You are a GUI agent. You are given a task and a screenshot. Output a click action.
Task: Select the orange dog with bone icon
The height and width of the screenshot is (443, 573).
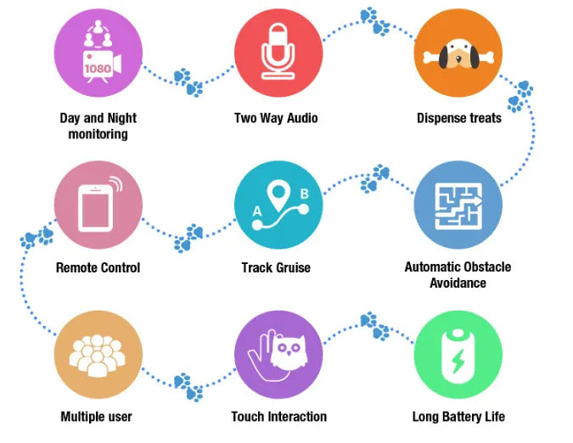click(x=458, y=53)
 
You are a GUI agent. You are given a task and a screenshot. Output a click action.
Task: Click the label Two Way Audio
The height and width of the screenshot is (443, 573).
click(x=276, y=118)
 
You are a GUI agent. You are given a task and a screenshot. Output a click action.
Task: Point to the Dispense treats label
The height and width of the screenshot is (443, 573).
click(x=458, y=118)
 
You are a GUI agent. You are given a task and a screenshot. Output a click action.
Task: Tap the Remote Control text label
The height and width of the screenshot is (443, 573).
click(x=98, y=267)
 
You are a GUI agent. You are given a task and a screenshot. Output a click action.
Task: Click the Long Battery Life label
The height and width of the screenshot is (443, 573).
click(x=458, y=417)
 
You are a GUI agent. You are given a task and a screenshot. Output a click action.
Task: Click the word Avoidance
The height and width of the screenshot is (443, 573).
click(x=458, y=283)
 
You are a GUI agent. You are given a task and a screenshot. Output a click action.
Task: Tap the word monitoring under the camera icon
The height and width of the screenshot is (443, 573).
click(x=98, y=134)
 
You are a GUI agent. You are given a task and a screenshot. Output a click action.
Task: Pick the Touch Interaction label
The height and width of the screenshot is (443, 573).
click(x=278, y=417)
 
